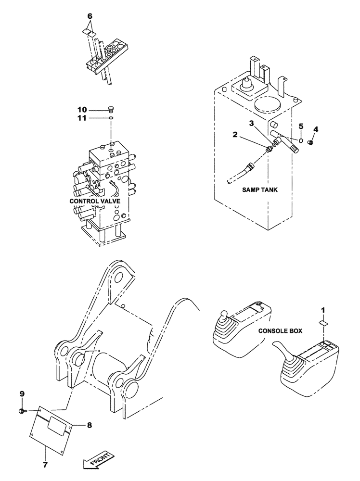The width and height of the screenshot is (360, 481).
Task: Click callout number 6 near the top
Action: [89, 16]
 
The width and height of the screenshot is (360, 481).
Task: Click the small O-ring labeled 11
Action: [111, 117]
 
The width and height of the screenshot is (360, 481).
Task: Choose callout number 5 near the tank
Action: [301, 126]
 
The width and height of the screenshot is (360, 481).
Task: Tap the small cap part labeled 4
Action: [311, 143]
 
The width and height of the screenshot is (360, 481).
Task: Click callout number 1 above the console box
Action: [323, 309]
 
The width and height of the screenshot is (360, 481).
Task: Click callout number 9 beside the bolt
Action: [22, 394]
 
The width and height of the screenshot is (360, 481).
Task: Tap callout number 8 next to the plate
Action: [89, 425]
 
